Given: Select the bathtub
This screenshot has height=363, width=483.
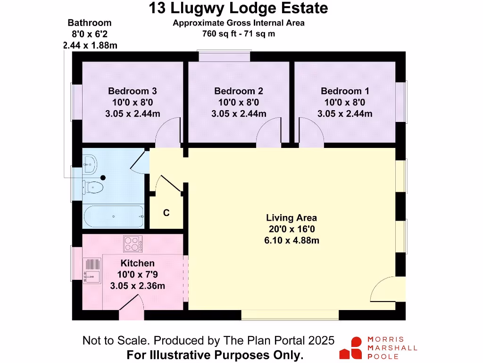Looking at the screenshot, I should (x=114, y=216).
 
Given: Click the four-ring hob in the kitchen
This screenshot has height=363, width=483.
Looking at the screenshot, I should (x=133, y=244).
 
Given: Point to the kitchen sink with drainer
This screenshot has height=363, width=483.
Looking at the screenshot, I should (x=92, y=270).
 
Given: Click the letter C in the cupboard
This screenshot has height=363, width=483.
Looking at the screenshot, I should (x=166, y=213).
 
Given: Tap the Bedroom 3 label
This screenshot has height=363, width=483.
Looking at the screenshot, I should (x=133, y=91).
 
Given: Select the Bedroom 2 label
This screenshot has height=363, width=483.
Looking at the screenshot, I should (x=239, y=91).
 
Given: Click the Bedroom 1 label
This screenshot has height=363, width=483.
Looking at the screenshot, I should (x=345, y=91).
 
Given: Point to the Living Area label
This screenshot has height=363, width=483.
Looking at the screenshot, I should (x=291, y=218).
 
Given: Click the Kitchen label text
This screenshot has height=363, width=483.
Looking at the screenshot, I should (x=137, y=263).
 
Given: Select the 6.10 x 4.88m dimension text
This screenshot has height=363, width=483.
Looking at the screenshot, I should (x=291, y=240).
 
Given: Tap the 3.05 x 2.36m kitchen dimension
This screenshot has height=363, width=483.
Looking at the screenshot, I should (x=137, y=286).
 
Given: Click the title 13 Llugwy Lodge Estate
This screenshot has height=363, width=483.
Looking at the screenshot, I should (x=238, y=8).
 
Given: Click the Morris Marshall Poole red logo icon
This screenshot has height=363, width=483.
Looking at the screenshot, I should (x=351, y=348).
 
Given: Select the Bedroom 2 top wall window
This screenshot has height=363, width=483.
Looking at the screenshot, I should (x=224, y=57).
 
